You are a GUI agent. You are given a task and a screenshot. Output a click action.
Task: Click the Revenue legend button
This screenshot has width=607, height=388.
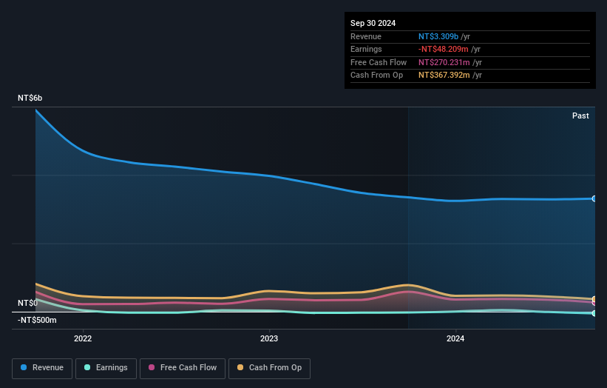point(42,368)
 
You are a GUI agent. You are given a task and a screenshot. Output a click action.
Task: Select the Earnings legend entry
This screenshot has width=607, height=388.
point(106,368)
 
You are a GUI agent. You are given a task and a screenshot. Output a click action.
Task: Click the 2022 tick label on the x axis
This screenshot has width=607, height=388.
point(83,339)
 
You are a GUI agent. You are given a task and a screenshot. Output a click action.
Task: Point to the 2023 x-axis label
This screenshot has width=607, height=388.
point(269,339)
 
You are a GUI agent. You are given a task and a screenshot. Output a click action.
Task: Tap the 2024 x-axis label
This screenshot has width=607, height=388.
point(455,339)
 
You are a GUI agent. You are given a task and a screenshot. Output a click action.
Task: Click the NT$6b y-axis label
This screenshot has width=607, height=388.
point(30,98)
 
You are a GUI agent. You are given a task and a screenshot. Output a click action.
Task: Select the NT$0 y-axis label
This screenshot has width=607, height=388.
point(27,303)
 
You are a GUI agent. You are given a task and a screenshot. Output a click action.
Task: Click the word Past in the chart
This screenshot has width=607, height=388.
point(580,116)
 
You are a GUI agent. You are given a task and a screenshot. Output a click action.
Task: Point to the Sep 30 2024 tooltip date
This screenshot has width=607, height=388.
point(373,23)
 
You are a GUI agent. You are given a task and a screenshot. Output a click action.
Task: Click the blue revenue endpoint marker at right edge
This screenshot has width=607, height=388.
point(594,198)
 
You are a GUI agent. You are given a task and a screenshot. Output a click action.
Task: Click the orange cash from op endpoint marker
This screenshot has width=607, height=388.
point(594,299)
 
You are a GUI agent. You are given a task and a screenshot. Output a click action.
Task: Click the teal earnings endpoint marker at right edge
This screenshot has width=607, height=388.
point(594,313)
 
